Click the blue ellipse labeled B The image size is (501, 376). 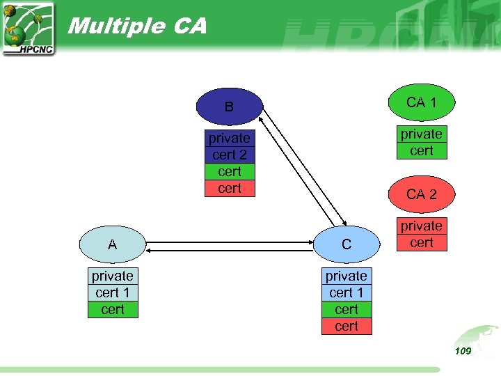229,107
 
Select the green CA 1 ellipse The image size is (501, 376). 422,102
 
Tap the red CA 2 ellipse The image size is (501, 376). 422,194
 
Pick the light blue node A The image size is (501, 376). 112,244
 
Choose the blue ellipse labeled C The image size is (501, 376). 346,244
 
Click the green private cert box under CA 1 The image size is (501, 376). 422,142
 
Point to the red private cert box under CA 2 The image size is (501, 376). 422,234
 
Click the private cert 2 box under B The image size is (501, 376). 230,146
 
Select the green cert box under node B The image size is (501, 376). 230,171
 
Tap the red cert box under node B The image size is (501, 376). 230,188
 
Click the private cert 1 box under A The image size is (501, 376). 113,284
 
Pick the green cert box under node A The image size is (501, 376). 113,309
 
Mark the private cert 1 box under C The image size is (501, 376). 347,284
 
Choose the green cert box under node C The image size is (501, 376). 347,309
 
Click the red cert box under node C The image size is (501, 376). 347,326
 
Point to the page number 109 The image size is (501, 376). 463,351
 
